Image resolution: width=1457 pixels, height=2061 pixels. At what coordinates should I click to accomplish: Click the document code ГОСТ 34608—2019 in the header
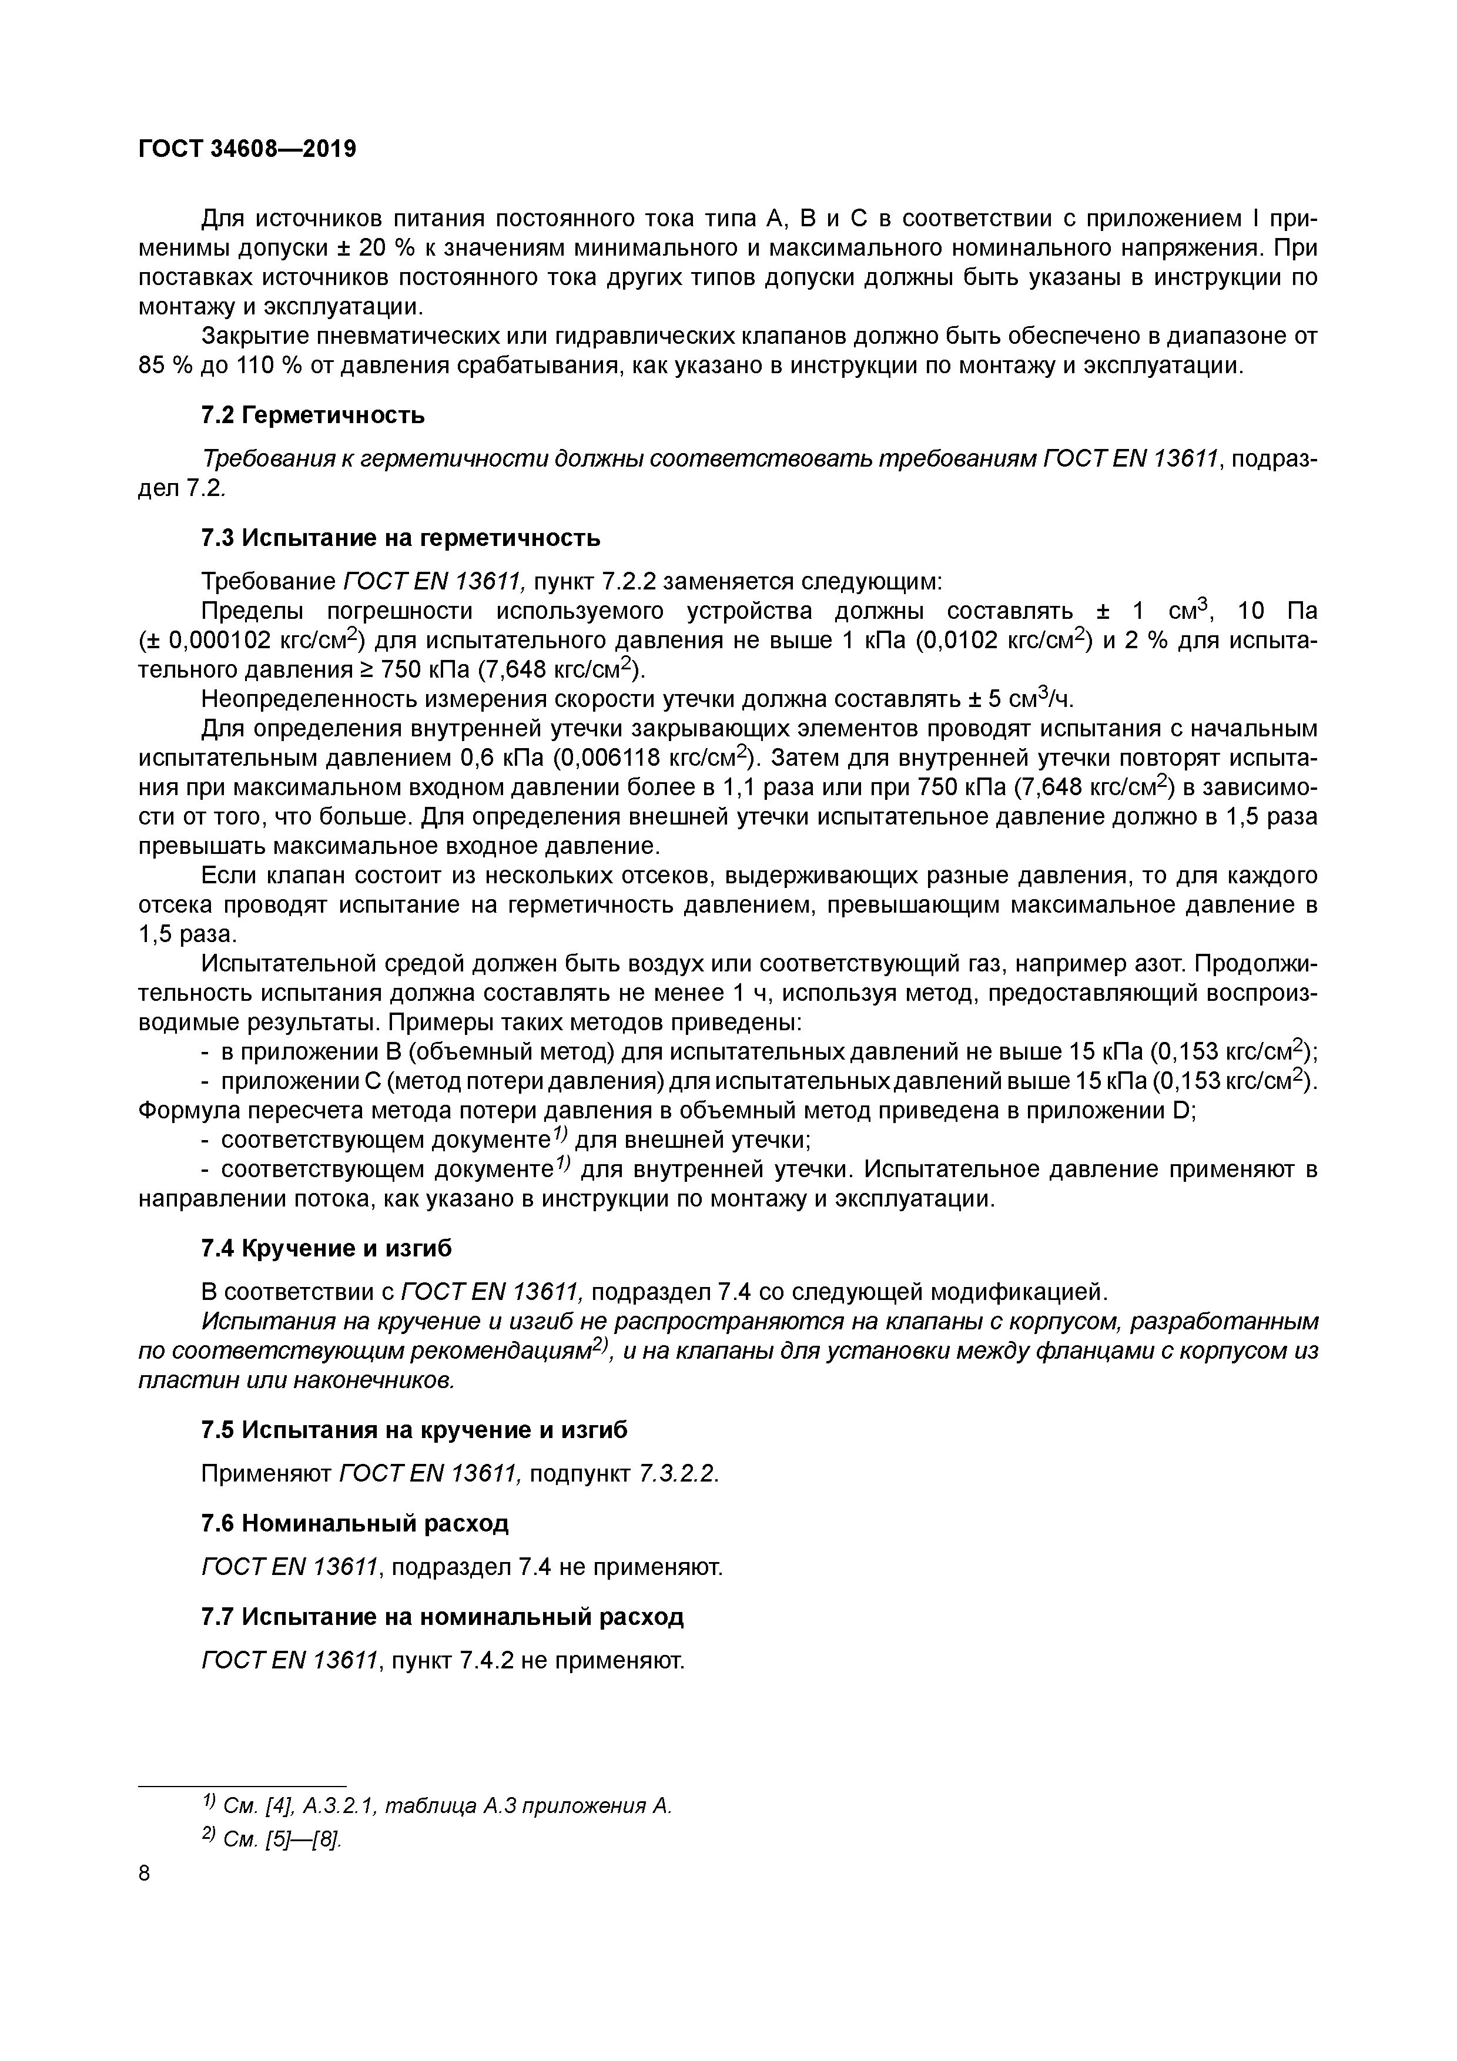coord(247,148)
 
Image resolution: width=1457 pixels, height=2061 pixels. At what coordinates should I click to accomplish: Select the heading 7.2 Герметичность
coord(313,415)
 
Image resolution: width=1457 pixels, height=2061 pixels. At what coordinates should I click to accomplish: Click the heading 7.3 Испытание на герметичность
coord(400,538)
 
